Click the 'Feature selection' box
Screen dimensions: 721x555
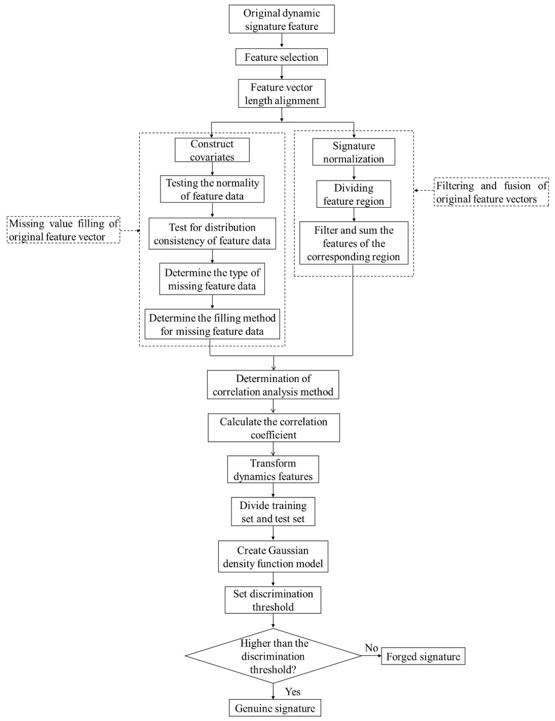[281, 57]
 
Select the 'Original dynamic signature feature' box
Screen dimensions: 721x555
[281, 19]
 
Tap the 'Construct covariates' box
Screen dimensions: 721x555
[212, 150]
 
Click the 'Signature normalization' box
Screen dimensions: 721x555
[353, 152]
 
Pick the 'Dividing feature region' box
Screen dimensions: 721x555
[353, 194]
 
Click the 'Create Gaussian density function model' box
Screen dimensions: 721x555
[273, 557]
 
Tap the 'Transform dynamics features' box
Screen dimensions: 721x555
[273, 470]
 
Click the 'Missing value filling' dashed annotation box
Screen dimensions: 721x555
[63, 230]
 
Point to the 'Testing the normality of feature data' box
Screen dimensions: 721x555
[212, 189]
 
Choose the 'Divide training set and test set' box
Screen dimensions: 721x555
[273, 512]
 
